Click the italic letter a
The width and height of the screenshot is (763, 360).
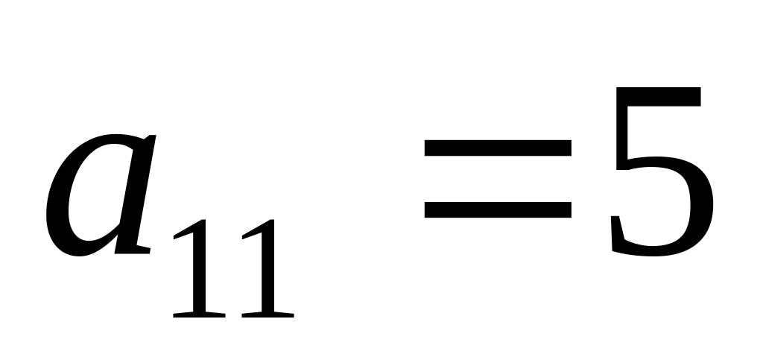click(101, 198)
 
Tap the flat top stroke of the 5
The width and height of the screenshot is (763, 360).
click(663, 98)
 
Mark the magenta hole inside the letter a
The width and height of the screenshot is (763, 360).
click(93, 198)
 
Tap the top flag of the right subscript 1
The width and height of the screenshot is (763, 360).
click(250, 233)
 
